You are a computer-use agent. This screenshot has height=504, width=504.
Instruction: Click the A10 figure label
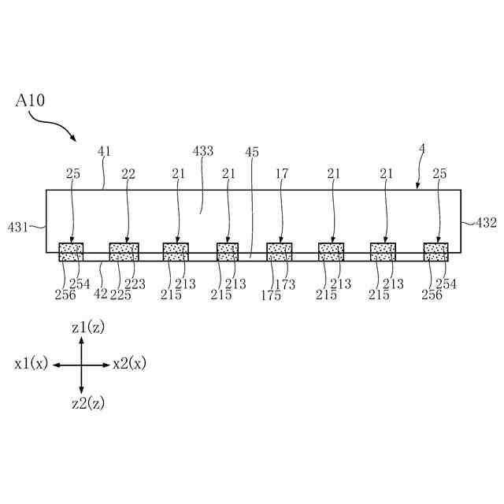pos(30,101)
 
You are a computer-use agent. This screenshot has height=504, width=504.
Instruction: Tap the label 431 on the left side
pos(18,227)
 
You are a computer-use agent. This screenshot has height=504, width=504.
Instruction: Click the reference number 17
pos(282,172)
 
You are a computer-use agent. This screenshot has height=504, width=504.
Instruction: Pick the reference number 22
pos(127,172)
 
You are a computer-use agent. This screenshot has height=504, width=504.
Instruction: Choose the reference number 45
pos(251,152)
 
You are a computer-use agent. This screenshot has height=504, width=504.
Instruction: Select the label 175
pos(272,295)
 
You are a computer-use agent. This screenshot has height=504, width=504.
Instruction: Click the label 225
pos(121,295)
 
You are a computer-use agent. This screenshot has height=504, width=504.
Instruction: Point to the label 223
pos(135,284)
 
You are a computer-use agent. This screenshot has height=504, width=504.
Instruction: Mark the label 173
pos(286,284)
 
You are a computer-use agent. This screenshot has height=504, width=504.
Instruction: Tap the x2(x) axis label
pos(128,364)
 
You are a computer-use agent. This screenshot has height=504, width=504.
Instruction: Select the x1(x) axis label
pos(31,364)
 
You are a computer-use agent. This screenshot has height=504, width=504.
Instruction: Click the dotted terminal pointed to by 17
pos(280,252)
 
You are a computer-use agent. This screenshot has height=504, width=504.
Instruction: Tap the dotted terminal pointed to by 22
pos(124,252)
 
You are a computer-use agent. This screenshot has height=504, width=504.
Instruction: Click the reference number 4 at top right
pos(422,148)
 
